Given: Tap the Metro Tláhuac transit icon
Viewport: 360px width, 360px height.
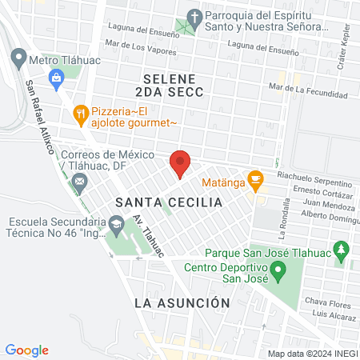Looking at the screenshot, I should pos(18,58).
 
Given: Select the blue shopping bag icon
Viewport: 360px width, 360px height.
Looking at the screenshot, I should pos(56,78).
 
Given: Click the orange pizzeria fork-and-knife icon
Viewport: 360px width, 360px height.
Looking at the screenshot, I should pos(80,114).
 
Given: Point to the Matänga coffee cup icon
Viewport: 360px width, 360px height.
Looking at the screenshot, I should pos(256,180).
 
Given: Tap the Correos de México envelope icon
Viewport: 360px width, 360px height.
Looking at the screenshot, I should pos(79,183).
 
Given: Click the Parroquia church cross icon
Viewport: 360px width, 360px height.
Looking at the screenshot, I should pos(193,17).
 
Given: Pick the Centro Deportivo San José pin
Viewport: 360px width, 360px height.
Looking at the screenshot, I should pos(278,273).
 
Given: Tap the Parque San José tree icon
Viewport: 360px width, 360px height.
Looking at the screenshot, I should pos(342,250).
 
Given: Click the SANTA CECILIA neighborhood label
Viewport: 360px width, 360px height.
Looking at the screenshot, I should pos(168,202).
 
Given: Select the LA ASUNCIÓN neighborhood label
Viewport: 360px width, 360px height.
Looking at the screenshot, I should pos(182,303).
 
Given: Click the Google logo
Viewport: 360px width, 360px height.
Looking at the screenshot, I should pos(27,350).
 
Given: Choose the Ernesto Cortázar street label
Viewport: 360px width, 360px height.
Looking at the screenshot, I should pos(323,190).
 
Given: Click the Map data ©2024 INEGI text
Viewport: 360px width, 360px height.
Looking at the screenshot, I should pos(311,353).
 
